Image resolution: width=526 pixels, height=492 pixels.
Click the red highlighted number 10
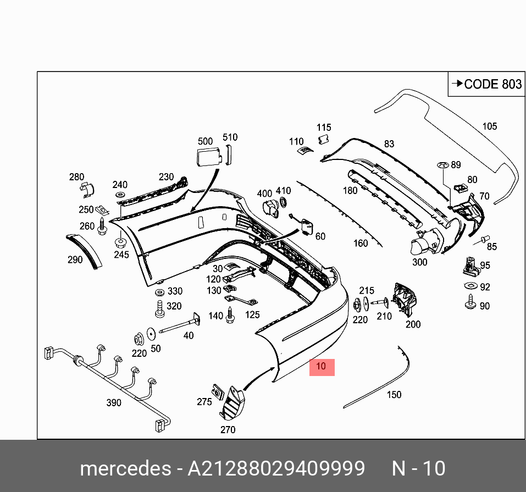pyautogui.click(x=322, y=367)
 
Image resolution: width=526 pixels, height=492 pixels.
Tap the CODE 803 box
pyautogui.click(x=486, y=84)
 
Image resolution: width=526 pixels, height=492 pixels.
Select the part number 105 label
pyautogui.click(x=489, y=126)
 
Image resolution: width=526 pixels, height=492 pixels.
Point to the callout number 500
pyautogui.click(x=205, y=141)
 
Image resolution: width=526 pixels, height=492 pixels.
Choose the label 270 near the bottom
pyautogui.click(x=228, y=429)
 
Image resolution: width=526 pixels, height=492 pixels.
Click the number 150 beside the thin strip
pyautogui.click(x=394, y=394)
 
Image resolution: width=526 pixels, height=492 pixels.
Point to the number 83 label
pyautogui.click(x=389, y=144)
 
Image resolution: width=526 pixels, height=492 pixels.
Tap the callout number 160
pyautogui.click(x=361, y=243)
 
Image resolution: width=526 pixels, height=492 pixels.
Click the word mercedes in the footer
pyautogui.click(x=125, y=469)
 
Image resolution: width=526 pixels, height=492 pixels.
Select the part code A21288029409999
pyautogui.click(x=276, y=469)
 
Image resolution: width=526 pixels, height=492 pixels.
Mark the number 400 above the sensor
pyautogui.click(x=265, y=194)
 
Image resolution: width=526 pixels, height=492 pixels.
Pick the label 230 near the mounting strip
pyautogui.click(x=166, y=177)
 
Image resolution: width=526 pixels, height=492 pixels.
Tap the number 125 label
pyautogui.click(x=252, y=314)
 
